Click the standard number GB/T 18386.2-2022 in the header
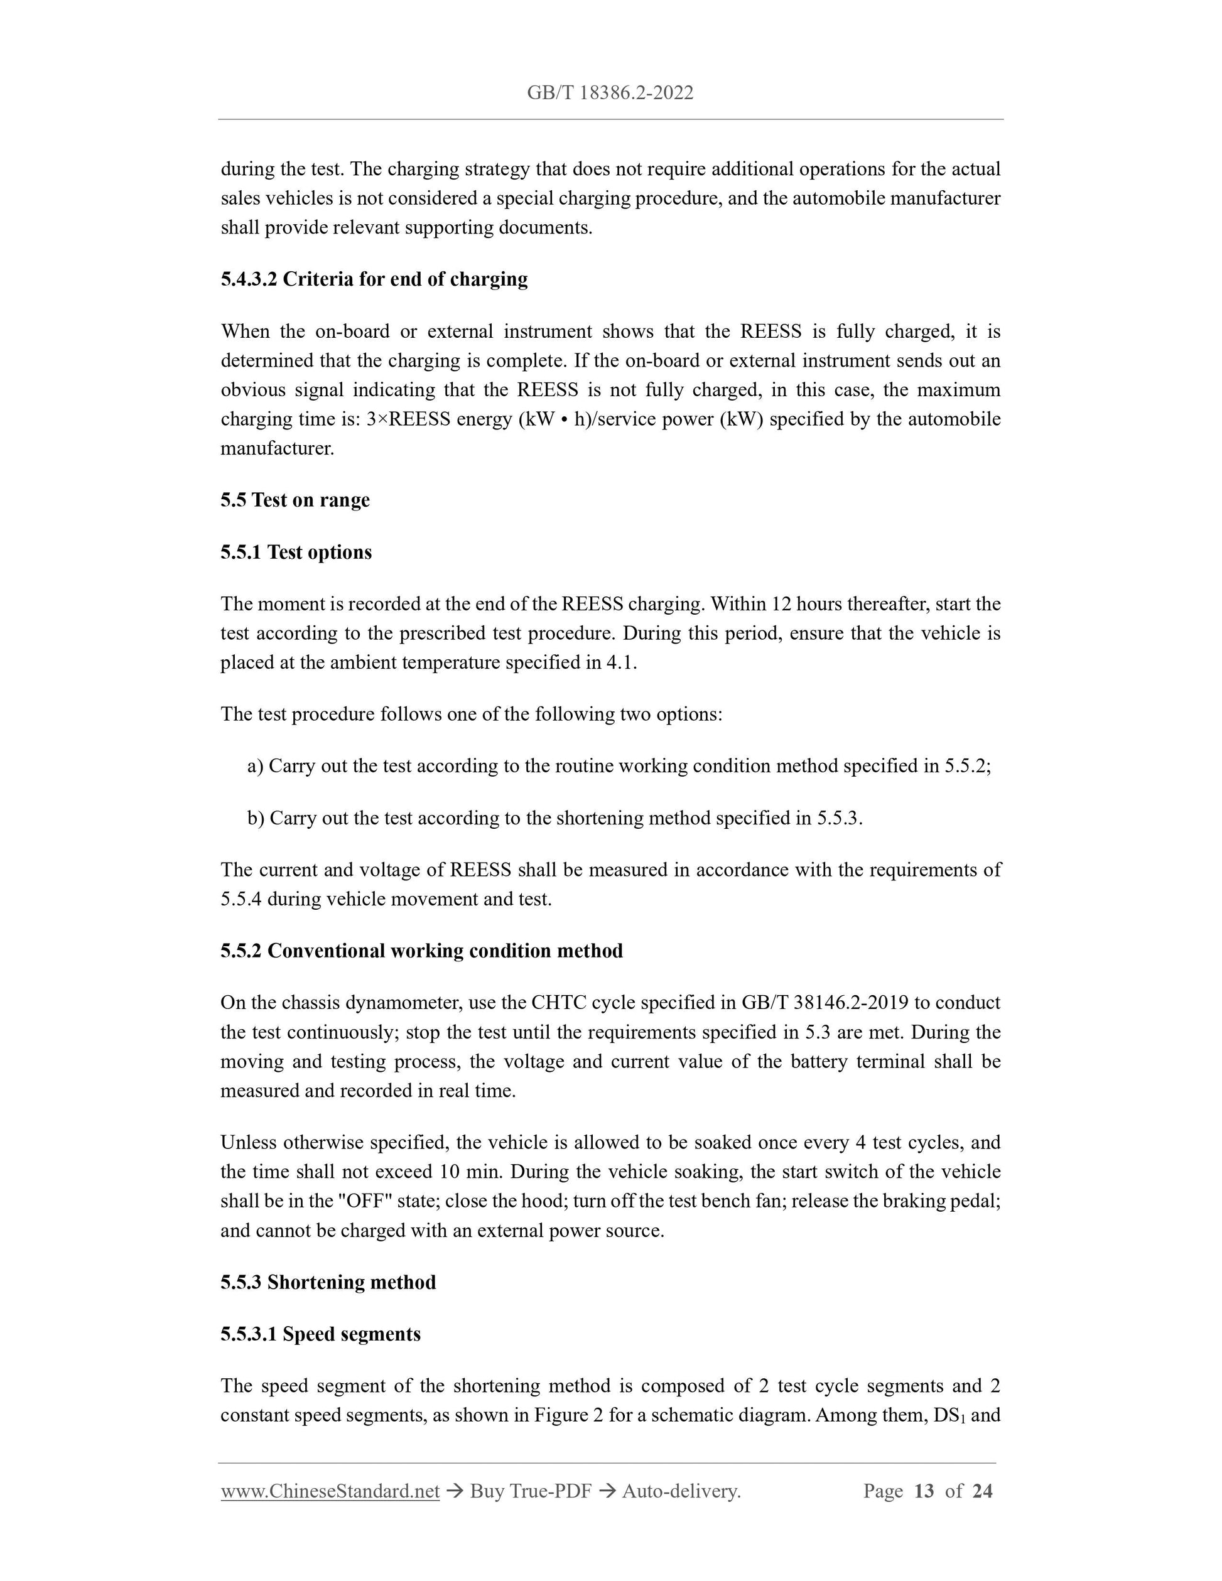[610, 93]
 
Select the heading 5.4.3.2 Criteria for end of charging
[374, 279]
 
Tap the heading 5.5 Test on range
[295, 500]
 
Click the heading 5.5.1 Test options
[296, 552]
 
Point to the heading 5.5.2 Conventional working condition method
[421, 951]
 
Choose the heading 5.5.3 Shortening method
[328, 1282]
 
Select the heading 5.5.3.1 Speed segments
[320, 1334]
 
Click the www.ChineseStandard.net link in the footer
[330, 1491]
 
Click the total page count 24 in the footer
[981, 1491]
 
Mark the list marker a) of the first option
[255, 766]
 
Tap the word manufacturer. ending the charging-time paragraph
[278, 448]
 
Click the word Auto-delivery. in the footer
[681, 1491]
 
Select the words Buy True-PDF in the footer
[531, 1491]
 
